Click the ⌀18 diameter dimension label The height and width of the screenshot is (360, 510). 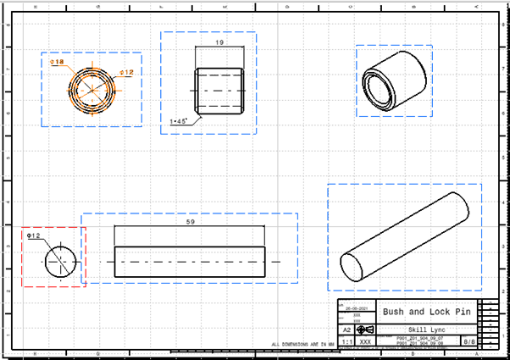point(58,62)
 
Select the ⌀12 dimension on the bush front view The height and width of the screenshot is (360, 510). point(126,73)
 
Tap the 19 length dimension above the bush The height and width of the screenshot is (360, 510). point(219,42)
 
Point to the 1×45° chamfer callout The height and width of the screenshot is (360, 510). point(179,121)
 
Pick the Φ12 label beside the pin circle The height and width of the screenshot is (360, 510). point(34,236)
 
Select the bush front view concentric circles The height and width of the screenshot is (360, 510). point(89,89)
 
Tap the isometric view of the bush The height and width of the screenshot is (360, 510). point(393,81)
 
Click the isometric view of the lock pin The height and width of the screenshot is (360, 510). point(403,234)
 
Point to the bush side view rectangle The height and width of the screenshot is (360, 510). point(219,89)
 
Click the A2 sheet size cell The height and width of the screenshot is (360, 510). point(346,330)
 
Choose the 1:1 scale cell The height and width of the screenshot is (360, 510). point(346,342)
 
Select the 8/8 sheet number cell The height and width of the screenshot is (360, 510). point(468,342)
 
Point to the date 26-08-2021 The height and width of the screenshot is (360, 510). point(357,307)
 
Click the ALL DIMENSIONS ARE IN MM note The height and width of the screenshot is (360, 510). point(303,345)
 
